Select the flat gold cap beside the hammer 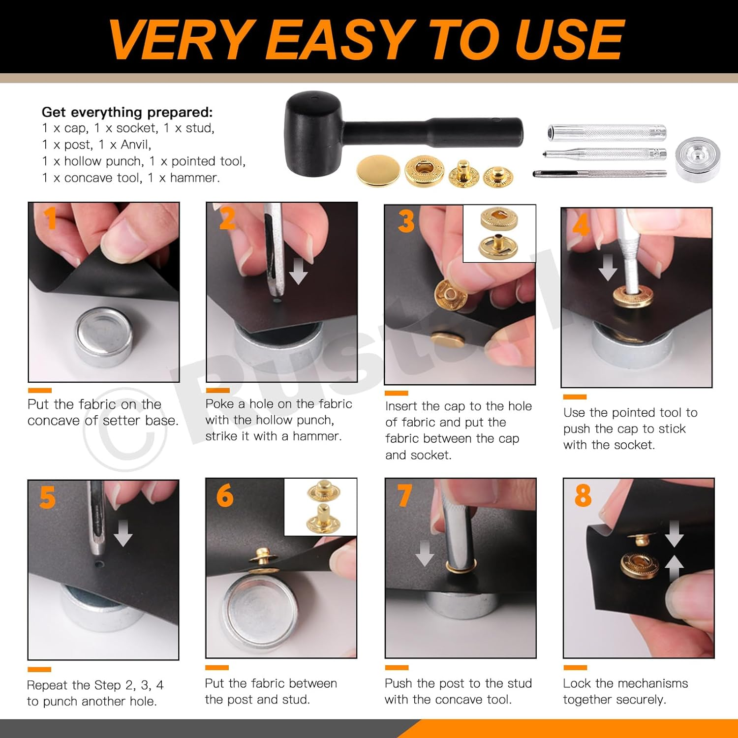[378, 171]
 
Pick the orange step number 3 [406, 221]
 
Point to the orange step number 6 [225, 495]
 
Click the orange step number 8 [583, 495]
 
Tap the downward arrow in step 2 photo [298, 272]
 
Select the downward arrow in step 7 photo [424, 553]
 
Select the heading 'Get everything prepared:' [127, 112]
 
